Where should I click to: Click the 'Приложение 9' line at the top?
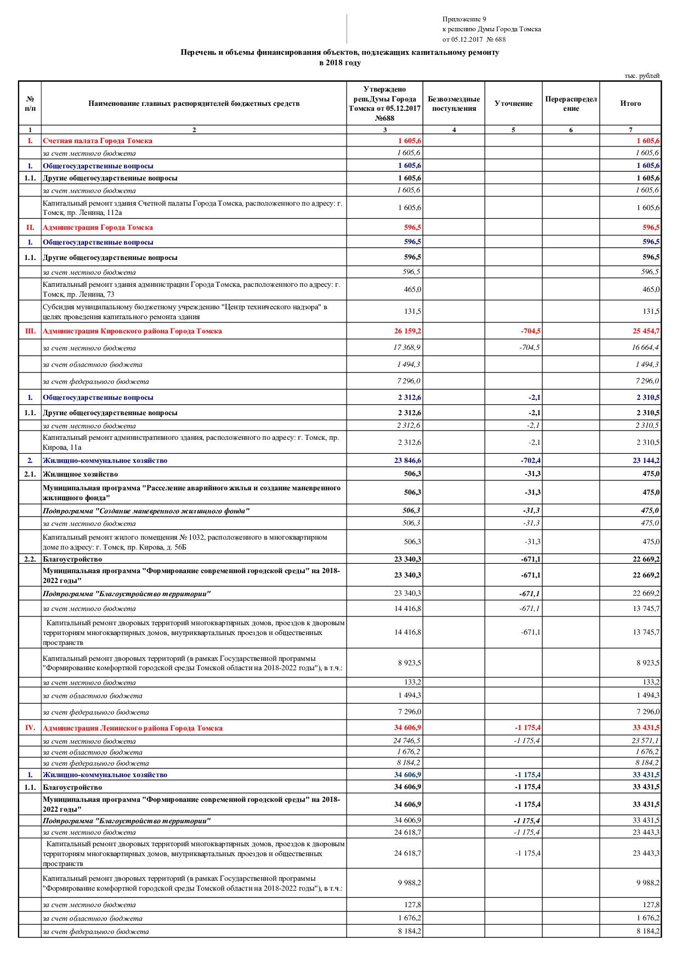[x=464, y=19]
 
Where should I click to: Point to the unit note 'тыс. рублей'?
[x=642, y=76]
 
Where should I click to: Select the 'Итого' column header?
[x=630, y=103]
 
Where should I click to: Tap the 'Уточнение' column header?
[x=513, y=103]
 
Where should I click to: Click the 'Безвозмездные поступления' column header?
[x=454, y=103]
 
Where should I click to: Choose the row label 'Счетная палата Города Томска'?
[x=98, y=141]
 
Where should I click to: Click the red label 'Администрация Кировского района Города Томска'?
[x=132, y=331]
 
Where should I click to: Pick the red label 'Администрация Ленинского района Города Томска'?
[x=133, y=728]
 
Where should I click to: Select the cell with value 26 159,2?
[x=407, y=331]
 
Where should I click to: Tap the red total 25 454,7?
[x=646, y=331]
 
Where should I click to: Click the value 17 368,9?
[x=407, y=348]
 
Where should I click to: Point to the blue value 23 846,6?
[x=407, y=461]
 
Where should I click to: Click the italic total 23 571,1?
[x=645, y=741]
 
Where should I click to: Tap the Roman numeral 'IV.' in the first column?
[x=30, y=728]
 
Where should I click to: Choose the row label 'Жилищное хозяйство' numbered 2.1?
[x=80, y=474]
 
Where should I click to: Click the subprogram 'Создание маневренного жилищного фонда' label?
[x=146, y=511]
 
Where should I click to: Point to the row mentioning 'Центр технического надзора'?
[x=185, y=312]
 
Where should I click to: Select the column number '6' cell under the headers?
[x=570, y=130]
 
